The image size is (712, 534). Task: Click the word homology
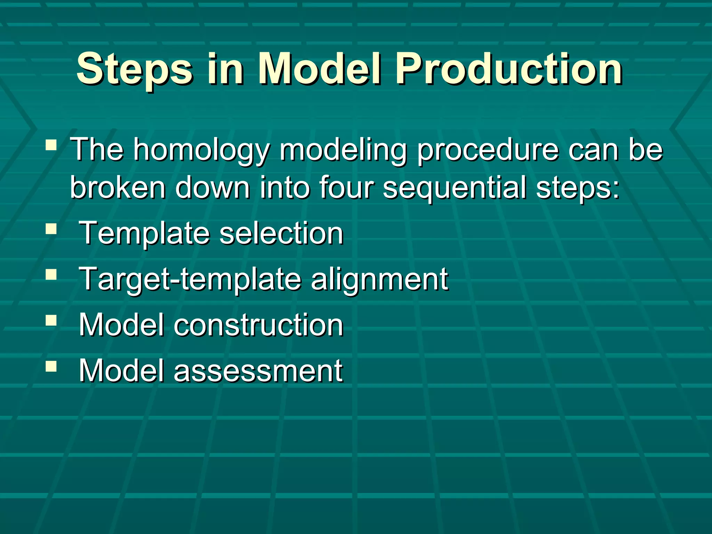point(202,150)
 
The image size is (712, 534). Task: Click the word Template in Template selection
point(144,234)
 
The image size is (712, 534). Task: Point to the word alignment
point(379,279)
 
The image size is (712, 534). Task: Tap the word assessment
point(258,371)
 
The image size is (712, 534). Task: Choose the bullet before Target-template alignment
point(51,275)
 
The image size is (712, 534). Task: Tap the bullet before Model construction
point(51,321)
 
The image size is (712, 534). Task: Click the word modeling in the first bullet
point(343,150)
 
